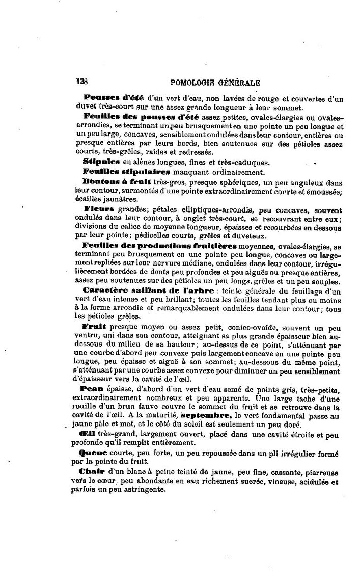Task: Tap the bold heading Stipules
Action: (x=101, y=163)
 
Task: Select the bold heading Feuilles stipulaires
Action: (x=120, y=172)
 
